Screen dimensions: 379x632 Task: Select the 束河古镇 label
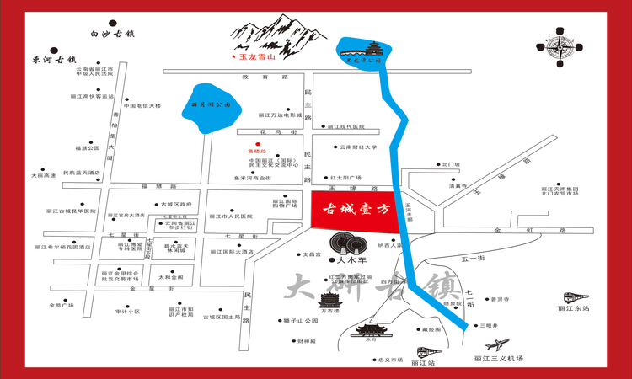click(x=54, y=60)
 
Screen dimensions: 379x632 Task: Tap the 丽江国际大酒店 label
click(x=232, y=251)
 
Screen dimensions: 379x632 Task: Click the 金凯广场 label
click(x=62, y=304)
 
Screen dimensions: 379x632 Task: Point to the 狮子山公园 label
click(x=300, y=321)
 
